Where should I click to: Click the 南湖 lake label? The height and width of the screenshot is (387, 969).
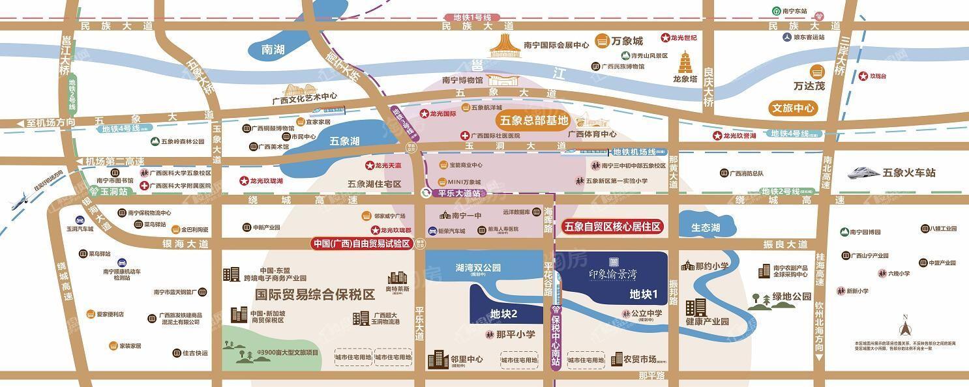(273, 50)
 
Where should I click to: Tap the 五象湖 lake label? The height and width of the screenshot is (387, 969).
(344, 141)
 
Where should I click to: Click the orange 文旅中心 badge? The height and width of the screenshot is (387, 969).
(792, 108)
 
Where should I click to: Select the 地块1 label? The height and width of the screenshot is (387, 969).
(643, 294)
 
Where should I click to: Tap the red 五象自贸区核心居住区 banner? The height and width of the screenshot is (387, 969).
(612, 227)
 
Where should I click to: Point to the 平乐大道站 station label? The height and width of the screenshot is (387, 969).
(459, 193)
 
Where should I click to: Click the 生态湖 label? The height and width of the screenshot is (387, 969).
(706, 227)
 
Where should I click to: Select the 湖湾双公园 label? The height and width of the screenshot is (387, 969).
(478, 267)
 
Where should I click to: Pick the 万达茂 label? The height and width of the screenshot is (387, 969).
(809, 86)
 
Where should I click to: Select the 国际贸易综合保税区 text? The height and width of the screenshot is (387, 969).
(315, 295)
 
